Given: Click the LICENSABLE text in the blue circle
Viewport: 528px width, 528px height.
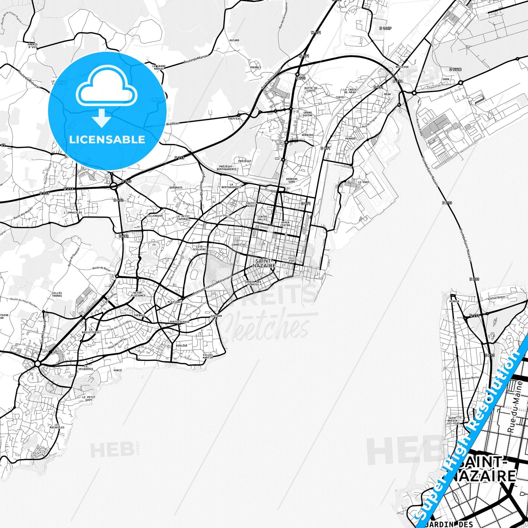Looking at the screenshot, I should click(107, 139).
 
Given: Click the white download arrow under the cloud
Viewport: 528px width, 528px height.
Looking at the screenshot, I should click(102, 118).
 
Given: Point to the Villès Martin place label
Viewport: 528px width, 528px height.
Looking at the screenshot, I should click(208, 356).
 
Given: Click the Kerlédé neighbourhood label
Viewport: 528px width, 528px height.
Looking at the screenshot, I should click(181, 345).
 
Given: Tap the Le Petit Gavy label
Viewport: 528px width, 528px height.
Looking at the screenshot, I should click(89, 398).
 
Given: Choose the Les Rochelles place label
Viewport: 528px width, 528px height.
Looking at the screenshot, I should click(57, 426).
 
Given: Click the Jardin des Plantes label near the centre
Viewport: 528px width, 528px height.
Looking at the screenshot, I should click(253, 283).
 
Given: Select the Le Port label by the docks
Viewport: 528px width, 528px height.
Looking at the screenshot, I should click(364, 182).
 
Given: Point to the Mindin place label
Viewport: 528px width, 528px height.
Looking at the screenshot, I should click(455, 301).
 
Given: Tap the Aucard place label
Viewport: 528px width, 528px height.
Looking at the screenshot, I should click(234, 40).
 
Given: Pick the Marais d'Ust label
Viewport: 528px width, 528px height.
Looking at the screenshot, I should click(33, 46).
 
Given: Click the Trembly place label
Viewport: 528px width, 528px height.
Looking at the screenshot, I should click(255, 67).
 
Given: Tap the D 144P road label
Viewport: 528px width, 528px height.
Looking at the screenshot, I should click(385, 28).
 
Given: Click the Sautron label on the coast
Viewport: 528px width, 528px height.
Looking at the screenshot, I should click(216, 316).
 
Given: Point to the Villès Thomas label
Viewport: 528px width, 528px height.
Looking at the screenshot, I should click(57, 295).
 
